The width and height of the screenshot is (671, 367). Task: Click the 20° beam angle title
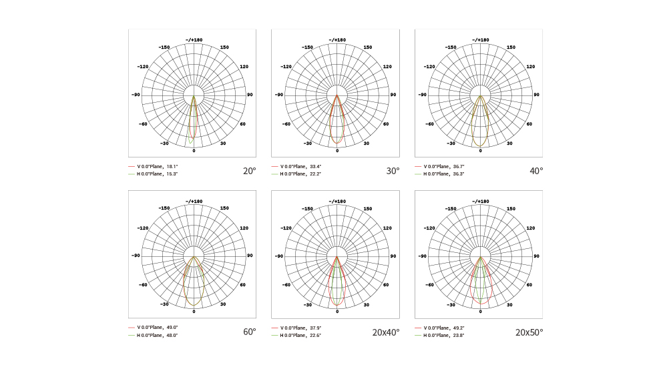click(249, 171)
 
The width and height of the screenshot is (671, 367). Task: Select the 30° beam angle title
click(393, 171)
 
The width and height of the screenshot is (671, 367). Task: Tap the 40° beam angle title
click(536, 171)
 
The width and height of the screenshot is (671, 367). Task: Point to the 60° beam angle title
click(249, 332)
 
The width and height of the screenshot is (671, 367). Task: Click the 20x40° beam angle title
click(386, 332)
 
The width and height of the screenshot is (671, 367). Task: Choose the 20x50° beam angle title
click(529, 332)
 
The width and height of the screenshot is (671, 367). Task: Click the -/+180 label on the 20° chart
click(194, 39)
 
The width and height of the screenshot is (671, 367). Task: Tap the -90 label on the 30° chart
click(279, 95)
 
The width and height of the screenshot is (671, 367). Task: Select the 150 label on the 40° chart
click(511, 47)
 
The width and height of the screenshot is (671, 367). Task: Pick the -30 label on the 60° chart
click(164, 304)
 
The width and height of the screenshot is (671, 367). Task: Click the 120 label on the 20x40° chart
click(387, 228)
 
